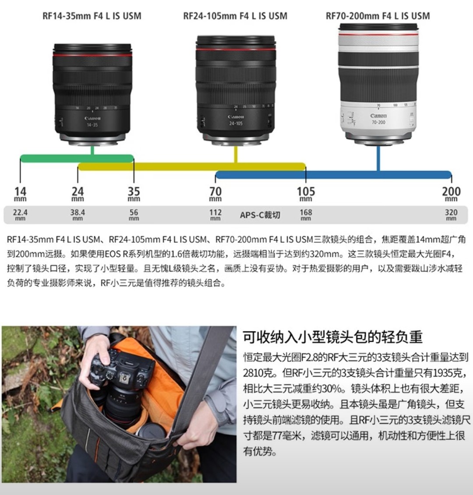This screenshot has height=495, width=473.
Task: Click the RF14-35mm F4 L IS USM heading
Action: (x=92, y=16)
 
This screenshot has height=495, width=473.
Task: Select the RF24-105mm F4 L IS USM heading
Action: (x=235, y=16)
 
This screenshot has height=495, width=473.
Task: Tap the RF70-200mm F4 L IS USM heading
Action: (x=378, y=16)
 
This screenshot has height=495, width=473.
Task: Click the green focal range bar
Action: (x=77, y=159)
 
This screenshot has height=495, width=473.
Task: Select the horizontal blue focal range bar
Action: (x=333, y=175)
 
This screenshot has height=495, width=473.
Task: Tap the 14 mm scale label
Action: (x=20, y=194)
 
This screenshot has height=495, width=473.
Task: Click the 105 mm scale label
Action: (x=306, y=194)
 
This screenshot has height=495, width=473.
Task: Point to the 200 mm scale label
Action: (x=451, y=194)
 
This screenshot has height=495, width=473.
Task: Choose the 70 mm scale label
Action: (x=215, y=194)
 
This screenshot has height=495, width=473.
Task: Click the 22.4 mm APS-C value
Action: (x=20, y=215)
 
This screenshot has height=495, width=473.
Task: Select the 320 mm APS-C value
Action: (x=451, y=215)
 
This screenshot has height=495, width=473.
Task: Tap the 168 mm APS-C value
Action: (x=306, y=215)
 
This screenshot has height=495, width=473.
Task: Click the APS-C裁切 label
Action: (x=260, y=215)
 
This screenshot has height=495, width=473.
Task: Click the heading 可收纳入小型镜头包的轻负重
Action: (x=332, y=337)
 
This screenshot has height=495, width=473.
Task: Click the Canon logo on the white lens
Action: (x=378, y=116)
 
